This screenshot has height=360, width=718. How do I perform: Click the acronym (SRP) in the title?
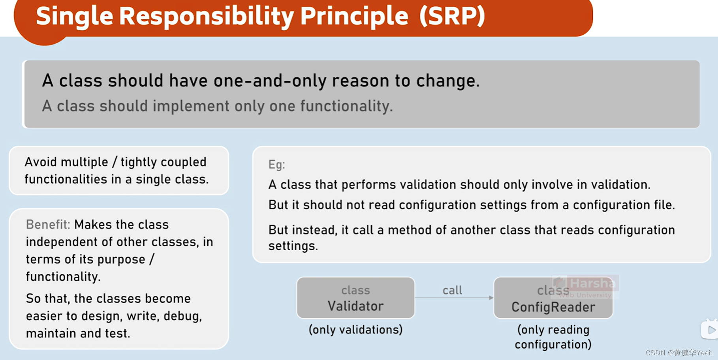452,16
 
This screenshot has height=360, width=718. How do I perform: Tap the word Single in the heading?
74,16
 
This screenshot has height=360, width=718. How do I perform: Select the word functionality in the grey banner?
346,106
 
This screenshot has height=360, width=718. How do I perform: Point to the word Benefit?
48,225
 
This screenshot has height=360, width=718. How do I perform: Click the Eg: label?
276,165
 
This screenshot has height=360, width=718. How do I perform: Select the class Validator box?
355,298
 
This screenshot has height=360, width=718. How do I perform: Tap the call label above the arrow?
452,291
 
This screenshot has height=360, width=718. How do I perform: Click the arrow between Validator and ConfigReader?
454,298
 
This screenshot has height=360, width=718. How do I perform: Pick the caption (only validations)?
355,330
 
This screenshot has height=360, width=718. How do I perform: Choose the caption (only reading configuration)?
553,337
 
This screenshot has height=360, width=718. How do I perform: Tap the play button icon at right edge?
711,330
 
